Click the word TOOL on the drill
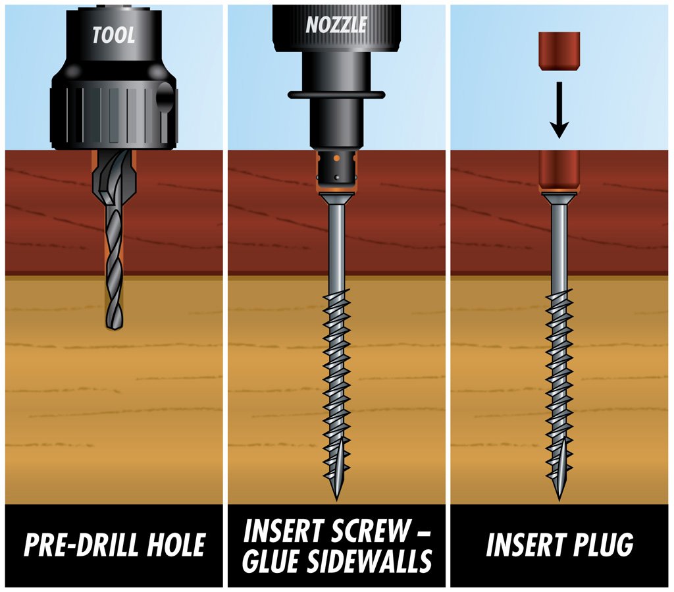coord(114,34)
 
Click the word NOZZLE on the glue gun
coord(336,25)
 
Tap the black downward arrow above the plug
coord(558,109)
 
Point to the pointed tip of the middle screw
coord(336,497)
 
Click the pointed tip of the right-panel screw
coord(559,497)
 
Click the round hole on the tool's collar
coord(164,98)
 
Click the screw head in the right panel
coord(559,196)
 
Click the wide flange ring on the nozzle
coord(336,95)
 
